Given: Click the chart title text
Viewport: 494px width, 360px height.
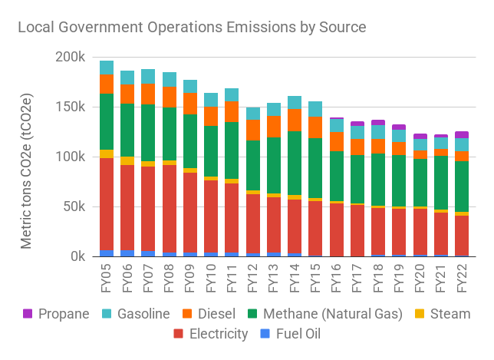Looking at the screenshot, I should click(192, 27).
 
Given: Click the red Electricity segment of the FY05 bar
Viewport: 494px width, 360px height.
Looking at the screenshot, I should click(107, 203).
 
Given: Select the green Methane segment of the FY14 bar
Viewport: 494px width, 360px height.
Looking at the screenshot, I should click(295, 163).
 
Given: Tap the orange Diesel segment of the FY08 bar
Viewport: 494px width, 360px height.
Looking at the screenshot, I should click(170, 97).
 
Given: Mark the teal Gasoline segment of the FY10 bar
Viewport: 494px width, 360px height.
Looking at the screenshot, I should click(211, 100).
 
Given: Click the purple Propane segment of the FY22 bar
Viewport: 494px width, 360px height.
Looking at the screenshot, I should click(462, 134).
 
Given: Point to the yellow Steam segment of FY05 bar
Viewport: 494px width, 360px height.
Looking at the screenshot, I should click(107, 154).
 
